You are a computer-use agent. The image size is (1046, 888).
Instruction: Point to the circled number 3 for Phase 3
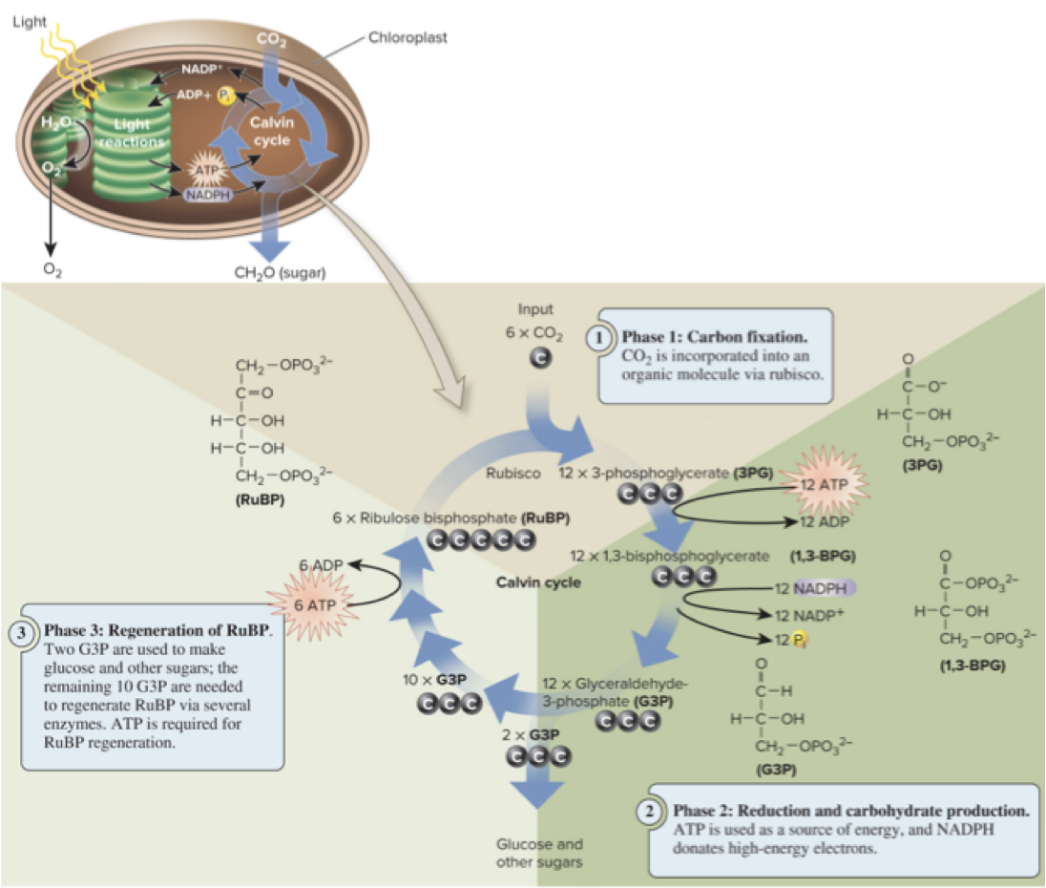click(x=22, y=631)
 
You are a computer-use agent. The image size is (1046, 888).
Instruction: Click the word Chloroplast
click(x=408, y=38)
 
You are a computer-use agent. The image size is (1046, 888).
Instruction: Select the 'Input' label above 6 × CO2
click(x=534, y=309)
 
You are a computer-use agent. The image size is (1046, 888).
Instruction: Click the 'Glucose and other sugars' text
click(x=539, y=853)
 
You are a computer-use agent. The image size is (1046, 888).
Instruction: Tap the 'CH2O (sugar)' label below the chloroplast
click(x=281, y=272)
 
